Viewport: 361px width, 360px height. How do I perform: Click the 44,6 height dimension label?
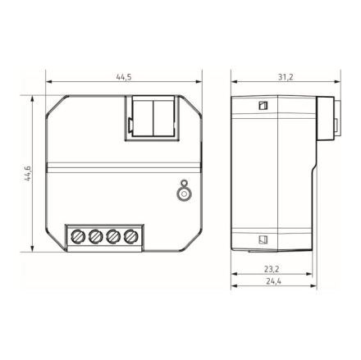[28, 175]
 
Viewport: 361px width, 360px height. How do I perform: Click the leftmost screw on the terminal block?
[80, 237]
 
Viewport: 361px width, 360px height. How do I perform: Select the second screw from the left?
[97, 237]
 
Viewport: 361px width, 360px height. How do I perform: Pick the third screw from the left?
[113, 237]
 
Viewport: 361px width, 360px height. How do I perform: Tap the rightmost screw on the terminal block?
[130, 237]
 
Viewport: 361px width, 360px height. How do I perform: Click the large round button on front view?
[184, 194]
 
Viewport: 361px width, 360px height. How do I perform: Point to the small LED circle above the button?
[184, 183]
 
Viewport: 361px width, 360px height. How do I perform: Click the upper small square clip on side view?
[263, 105]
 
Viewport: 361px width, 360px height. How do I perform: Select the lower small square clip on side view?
[263, 240]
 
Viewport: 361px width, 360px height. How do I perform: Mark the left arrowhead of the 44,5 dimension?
[49, 82]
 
